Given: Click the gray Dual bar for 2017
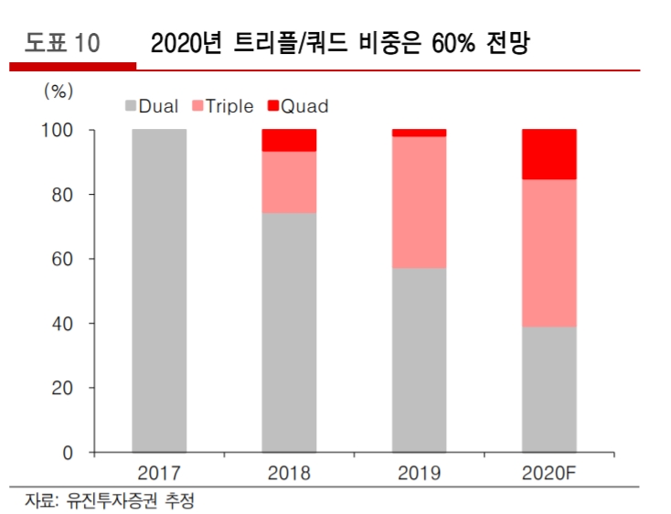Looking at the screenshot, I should coord(159,291).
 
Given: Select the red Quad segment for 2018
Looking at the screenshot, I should coord(289,140).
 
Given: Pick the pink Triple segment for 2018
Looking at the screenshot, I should coord(289,182).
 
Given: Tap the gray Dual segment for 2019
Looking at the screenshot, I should coord(419,359).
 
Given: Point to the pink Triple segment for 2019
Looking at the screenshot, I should coord(419,202).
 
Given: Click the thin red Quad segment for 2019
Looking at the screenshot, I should coord(419,133).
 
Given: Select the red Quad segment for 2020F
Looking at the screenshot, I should coord(549,154).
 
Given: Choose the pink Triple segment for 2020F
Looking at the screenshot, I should coord(549,252).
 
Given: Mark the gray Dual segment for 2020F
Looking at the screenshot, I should coord(549,389).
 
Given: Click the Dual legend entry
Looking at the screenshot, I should coord(152,106).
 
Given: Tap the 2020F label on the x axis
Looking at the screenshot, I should coord(549,474).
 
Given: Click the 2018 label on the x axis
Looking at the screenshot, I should coord(289,474).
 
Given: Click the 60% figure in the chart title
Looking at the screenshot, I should coord(442,43).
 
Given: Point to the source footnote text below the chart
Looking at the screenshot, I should coord(110,501).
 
